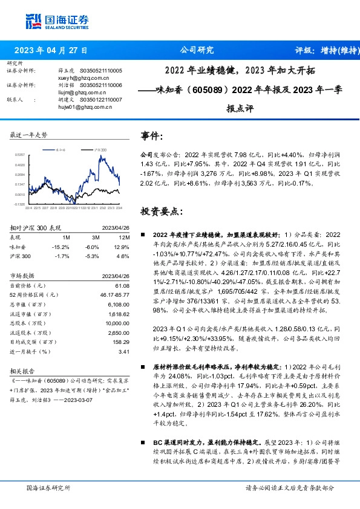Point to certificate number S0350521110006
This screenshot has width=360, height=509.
click(x=100, y=86)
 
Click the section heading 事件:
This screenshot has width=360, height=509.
click(x=151, y=136)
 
